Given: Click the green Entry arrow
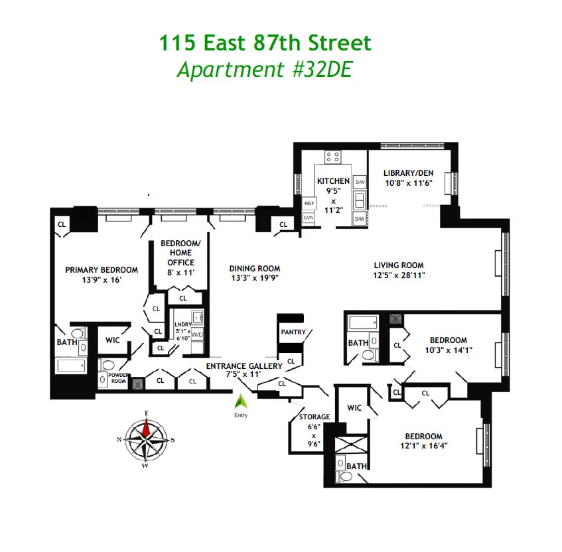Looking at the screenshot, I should pos(241,400).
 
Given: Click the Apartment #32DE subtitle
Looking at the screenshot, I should pos(263,70).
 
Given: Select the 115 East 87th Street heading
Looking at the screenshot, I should pos(265,44).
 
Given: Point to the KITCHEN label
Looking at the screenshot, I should pos(333,181).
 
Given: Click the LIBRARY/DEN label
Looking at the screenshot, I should pos(408,173).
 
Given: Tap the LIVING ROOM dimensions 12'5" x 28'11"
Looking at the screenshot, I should pos(398,275).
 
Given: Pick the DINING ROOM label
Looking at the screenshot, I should pos(254,269).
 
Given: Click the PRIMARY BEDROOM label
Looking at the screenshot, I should pos(102,270).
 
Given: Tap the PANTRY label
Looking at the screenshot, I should pos(293,332).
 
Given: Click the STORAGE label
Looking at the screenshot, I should pos(314,417).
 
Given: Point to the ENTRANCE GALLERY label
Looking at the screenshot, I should pos(244,366).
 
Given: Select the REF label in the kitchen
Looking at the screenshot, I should pos(309,203).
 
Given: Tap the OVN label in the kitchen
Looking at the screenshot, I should pos(309,218).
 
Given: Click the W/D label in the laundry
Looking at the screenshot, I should pos(197,334).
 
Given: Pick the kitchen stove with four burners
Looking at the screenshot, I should pos(333,157).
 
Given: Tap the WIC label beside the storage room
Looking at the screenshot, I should pos(354,407).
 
